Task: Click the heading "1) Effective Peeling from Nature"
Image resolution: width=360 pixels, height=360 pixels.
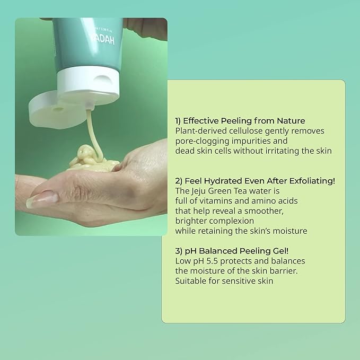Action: click(x=240, y=120)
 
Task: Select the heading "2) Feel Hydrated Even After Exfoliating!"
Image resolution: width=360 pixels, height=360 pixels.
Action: click(x=255, y=181)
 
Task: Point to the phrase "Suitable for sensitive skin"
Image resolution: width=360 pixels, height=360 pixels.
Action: click(x=224, y=281)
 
